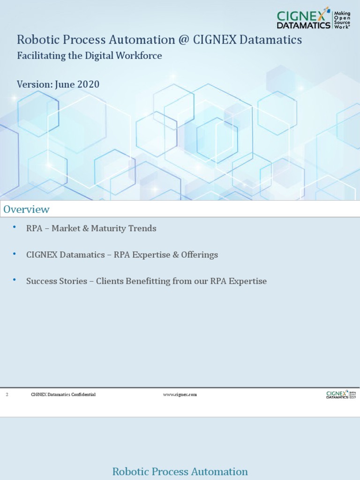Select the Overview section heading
click(x=26, y=209)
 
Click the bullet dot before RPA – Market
click(x=15, y=227)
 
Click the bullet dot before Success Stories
click(x=15, y=280)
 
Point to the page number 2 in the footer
click(x=7, y=395)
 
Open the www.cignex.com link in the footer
click(x=180, y=395)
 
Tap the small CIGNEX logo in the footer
click(x=341, y=395)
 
